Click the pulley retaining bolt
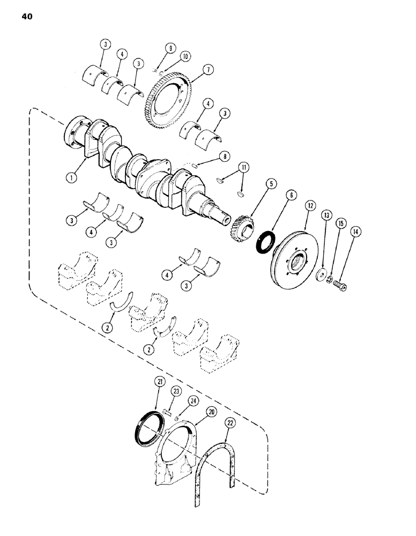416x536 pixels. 340,287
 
